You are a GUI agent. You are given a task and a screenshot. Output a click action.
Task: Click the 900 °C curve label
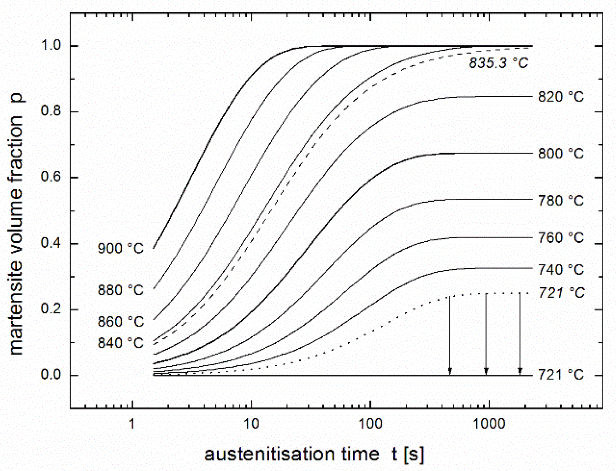coord(121,249)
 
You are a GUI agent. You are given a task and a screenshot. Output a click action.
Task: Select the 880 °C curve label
coord(121,290)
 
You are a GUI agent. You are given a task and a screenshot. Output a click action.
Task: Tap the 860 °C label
coord(121,322)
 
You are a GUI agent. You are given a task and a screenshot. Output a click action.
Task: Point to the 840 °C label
coord(121,343)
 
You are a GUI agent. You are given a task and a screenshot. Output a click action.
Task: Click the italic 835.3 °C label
coord(499,63)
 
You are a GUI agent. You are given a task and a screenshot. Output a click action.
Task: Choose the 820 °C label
coord(561,97)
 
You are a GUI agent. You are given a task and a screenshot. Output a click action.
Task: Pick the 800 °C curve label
coord(561,154)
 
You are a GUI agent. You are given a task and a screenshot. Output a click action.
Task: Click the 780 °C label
coord(561,201)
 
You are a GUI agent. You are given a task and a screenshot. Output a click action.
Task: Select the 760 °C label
coord(561,238)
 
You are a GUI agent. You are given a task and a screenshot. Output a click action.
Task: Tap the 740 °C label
coord(561,270)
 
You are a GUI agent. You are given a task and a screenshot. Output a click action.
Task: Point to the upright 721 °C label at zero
coord(561,374)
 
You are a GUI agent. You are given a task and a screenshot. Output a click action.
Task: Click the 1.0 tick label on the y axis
coord(52,46)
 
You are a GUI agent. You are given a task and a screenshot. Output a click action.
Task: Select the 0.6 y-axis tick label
coord(52,177)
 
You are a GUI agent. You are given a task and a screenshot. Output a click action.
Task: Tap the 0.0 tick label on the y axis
coord(52,375)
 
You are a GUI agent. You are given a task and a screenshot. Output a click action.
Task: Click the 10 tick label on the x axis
coord(251,423)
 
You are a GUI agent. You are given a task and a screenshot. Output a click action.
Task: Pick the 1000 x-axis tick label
coord(489,423)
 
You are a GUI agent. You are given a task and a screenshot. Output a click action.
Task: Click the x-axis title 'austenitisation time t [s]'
coord(314,454)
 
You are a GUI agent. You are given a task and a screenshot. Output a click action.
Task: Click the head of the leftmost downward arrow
coord(450,372)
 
